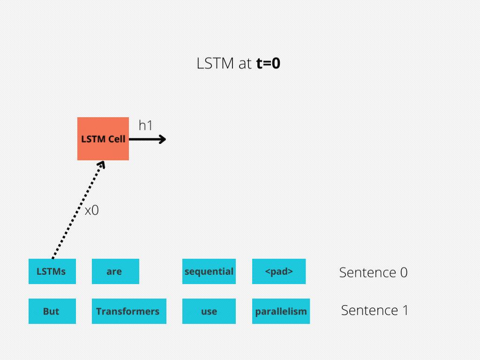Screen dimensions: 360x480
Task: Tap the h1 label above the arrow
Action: pos(145,126)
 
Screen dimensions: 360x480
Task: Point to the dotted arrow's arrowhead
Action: pos(102,165)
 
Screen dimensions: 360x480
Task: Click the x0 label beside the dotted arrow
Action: pos(92,210)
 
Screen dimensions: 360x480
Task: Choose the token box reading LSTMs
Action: pos(52,271)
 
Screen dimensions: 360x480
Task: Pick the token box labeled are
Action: pos(115,271)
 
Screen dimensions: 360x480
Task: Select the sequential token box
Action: pos(209,271)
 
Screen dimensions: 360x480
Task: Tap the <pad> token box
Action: pos(279,271)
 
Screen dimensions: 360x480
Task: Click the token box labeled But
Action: pos(52,311)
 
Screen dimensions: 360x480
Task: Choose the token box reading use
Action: pos(209,311)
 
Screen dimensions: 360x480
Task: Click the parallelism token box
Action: pos(281,311)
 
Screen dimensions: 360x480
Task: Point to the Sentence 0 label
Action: pos(373,272)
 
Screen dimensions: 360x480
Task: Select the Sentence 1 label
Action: pos(375,310)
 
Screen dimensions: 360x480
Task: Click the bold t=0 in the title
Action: pos(268,64)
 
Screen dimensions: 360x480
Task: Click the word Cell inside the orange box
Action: pos(117,139)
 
